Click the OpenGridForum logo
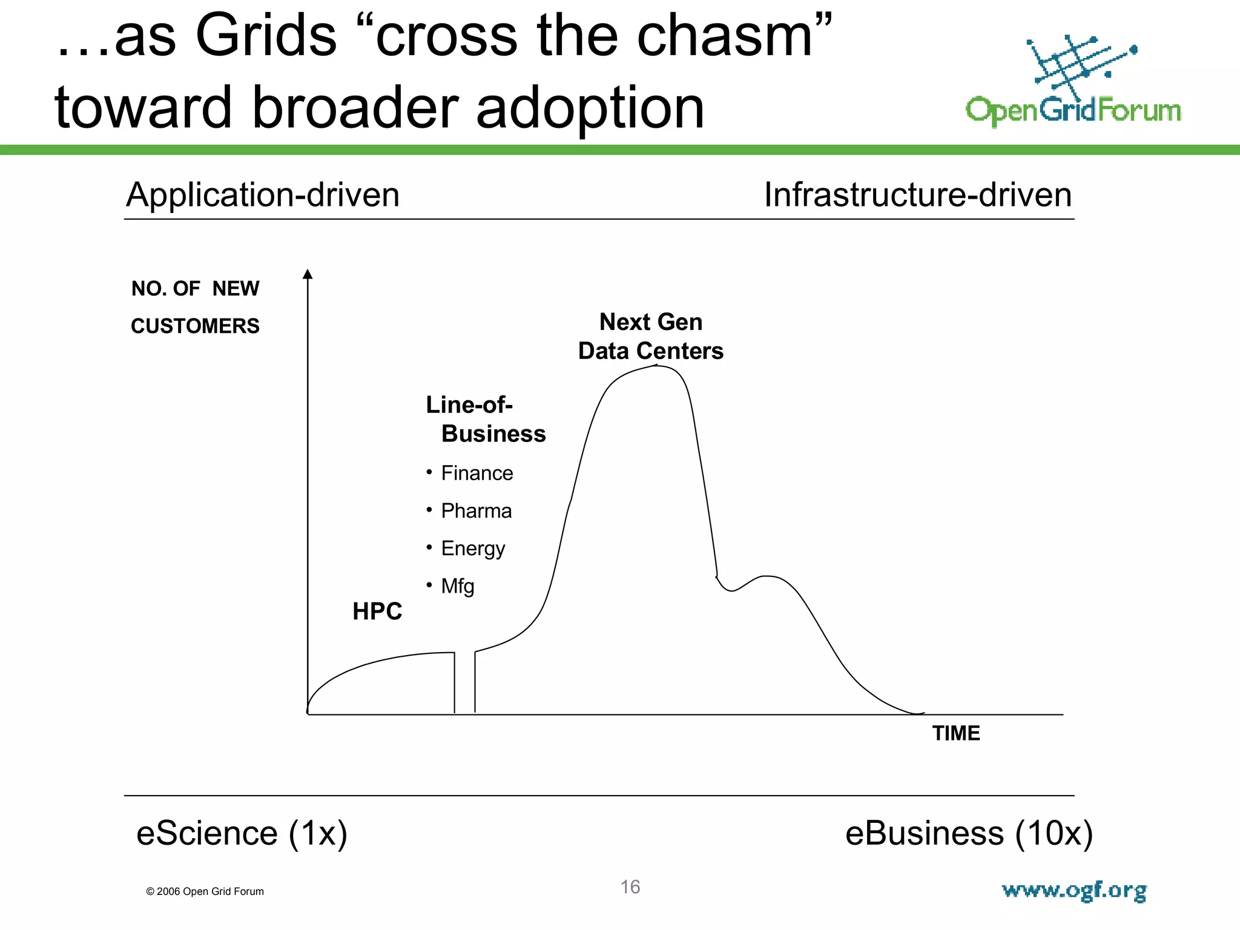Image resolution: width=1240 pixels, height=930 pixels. click(1073, 82)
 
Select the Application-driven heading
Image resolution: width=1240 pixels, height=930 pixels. click(263, 195)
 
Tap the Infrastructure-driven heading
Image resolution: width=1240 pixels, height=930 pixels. click(918, 195)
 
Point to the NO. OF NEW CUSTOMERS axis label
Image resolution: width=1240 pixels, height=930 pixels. click(195, 307)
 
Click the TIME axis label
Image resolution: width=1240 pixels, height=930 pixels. click(955, 733)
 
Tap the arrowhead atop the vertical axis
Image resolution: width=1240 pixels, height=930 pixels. click(308, 274)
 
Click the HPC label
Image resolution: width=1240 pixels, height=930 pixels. click(377, 612)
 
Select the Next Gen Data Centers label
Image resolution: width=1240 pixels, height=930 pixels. click(651, 337)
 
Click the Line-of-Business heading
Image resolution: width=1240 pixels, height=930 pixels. click(486, 419)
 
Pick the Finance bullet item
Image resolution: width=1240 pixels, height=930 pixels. click(477, 473)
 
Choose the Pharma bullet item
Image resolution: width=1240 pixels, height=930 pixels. click(476, 511)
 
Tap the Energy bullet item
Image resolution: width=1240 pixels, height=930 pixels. click(472, 549)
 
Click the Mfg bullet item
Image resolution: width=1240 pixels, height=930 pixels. click(457, 586)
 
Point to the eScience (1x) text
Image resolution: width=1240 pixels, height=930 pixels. click(242, 833)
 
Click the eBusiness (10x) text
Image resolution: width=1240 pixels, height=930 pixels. click(969, 833)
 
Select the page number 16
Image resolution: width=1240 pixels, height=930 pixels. click(630, 887)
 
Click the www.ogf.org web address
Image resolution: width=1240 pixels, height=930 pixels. click(1074, 891)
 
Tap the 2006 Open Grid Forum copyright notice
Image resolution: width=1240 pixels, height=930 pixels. click(205, 891)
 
